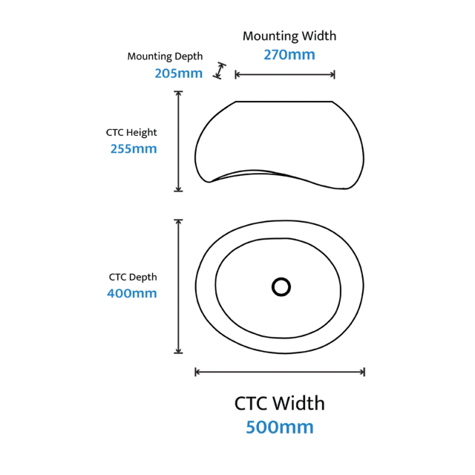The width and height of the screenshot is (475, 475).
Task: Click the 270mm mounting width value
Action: click(x=289, y=55)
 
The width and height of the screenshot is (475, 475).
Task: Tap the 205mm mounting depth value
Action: click(x=179, y=73)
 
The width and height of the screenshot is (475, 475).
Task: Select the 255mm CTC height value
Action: click(x=134, y=148)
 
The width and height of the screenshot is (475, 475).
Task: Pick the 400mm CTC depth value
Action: click(x=132, y=293)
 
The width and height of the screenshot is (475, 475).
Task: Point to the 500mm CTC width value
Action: click(x=280, y=427)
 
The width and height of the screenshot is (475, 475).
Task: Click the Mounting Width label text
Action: click(x=289, y=36)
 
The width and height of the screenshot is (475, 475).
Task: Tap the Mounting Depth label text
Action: click(x=165, y=56)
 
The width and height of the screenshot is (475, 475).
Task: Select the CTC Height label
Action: click(x=131, y=133)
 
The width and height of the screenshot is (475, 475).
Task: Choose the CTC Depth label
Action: click(x=133, y=277)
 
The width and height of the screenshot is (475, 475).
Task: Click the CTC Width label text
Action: click(x=280, y=404)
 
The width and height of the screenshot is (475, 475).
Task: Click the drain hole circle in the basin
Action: click(x=281, y=287)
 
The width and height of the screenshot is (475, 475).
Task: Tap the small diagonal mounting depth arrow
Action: click(x=220, y=71)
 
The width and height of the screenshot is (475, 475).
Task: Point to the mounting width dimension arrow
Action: click(x=285, y=74)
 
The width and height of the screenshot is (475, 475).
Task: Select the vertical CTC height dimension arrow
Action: click(x=178, y=141)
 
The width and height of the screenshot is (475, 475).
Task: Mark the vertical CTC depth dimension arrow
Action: click(x=178, y=286)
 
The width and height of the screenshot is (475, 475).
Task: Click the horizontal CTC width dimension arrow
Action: click(x=280, y=372)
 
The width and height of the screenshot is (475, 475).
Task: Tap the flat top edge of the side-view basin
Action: click(x=284, y=102)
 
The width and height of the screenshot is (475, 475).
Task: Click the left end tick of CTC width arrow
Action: click(x=195, y=372)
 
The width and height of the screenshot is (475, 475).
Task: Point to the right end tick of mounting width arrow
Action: click(x=334, y=74)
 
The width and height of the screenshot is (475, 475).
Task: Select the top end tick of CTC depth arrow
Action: click(x=178, y=220)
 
